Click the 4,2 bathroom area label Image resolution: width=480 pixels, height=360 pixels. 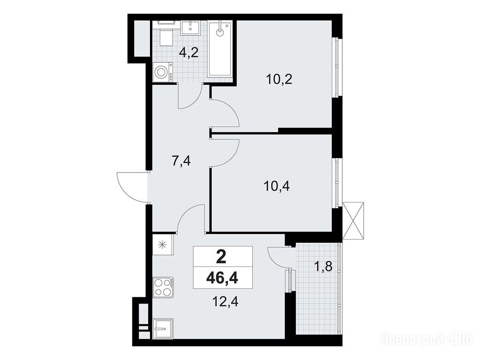pyautogui.click(x=189, y=53)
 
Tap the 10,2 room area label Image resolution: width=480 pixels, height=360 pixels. pyautogui.click(x=279, y=79)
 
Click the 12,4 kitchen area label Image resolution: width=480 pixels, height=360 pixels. pyautogui.click(x=225, y=302)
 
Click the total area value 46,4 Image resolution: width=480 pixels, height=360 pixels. pyautogui.click(x=222, y=278)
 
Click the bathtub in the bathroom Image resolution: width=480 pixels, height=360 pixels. pyautogui.click(x=220, y=49)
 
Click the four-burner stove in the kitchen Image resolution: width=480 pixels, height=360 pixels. pyautogui.click(x=163, y=287)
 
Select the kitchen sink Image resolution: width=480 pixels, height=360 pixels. pyautogui.click(x=163, y=329)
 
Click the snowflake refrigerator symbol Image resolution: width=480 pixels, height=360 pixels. pyautogui.click(x=163, y=245)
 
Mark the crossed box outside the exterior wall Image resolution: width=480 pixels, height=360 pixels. pyautogui.click(x=353, y=220)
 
